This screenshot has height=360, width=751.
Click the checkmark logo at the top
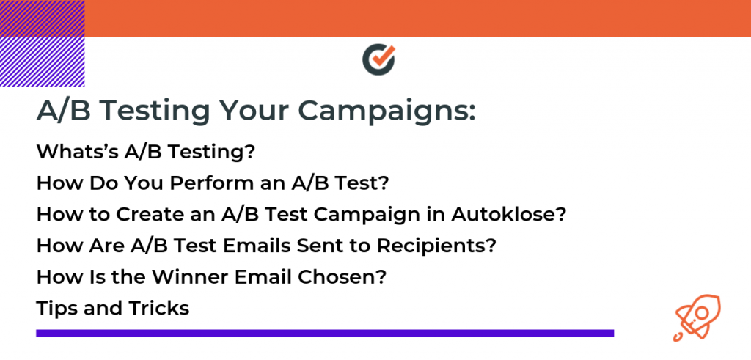point(378,60)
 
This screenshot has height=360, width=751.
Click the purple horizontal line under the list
point(325,333)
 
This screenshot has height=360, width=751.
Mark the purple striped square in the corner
point(42,43)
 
